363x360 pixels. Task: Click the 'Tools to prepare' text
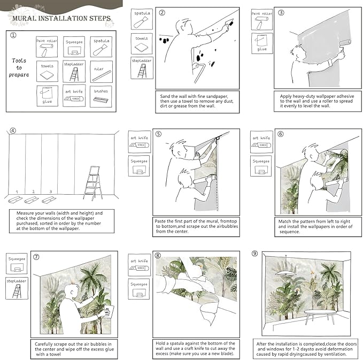pyautogui.click(x=19, y=67)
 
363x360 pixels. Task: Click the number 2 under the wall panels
pyautogui.click(x=33, y=191)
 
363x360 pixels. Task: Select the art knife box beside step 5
pyautogui.click(x=140, y=142)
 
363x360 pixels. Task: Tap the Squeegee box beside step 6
pyautogui.click(x=261, y=165)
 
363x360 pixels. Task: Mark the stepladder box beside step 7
pyautogui.click(x=17, y=288)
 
